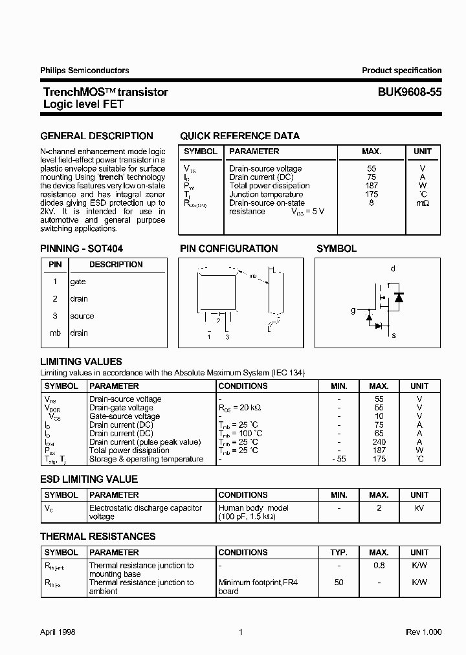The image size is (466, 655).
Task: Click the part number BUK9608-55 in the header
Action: coord(410,93)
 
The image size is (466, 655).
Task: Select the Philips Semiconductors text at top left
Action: coord(85,71)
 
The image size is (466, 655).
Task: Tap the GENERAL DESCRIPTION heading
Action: coord(97,136)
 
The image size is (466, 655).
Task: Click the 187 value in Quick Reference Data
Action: coord(371,186)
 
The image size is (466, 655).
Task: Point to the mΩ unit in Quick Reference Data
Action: coord(423,203)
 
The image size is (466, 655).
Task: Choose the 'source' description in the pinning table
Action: coord(82,316)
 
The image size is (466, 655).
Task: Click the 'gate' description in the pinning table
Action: coord(78,282)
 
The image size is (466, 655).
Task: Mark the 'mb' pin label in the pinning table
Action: coord(55,333)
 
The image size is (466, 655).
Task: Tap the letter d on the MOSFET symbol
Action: coord(393,269)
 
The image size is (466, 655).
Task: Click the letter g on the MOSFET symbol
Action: coord(353,310)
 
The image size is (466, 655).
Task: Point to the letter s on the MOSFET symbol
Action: coord(394,335)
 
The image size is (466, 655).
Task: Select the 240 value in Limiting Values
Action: coord(379,442)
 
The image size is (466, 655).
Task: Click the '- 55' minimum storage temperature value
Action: coord(338,459)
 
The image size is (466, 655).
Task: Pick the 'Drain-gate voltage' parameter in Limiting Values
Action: coord(121,408)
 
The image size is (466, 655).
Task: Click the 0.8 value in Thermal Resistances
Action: coord(379,566)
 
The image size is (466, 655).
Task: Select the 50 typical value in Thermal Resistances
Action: coord(338,583)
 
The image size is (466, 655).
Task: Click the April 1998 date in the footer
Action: coord(58,632)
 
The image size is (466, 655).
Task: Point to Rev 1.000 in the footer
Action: coord(424,632)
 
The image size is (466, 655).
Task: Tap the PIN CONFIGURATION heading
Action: coord(228,249)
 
